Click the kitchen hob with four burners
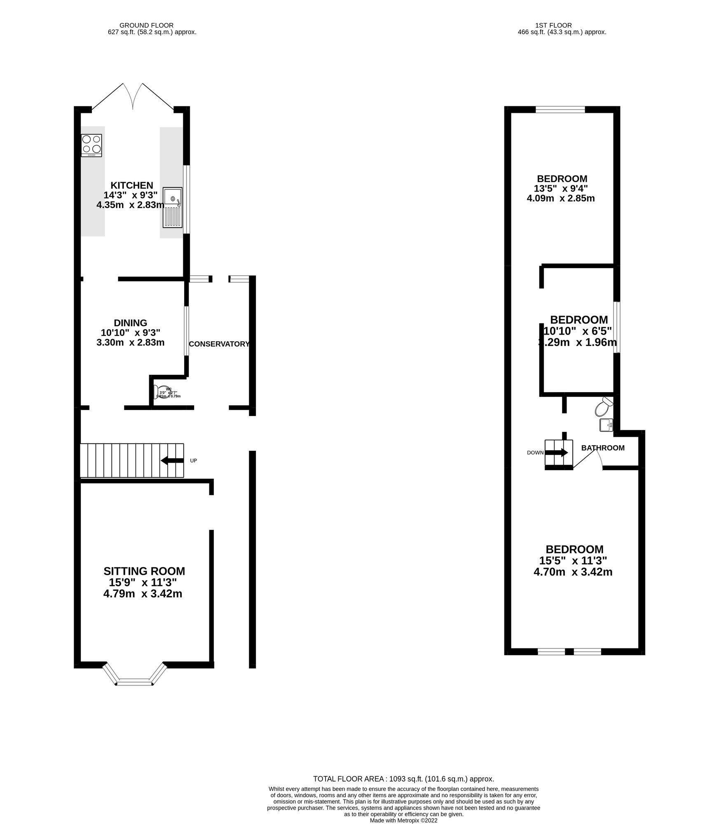pyautogui.click(x=91, y=145)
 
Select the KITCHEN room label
pyautogui.click(x=131, y=185)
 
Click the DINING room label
pyautogui.click(x=130, y=323)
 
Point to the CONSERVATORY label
pyautogui.click(x=219, y=344)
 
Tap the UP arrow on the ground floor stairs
pyautogui.click(x=172, y=461)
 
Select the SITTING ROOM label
pyautogui.click(x=144, y=571)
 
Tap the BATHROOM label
pyautogui.click(x=602, y=448)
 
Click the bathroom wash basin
pyautogui.click(x=606, y=425)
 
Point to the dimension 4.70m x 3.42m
pyautogui.click(x=573, y=572)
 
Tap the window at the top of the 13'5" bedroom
pyautogui.click(x=560, y=110)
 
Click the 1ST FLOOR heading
pyautogui.click(x=562, y=25)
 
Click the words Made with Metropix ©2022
pyautogui.click(x=403, y=821)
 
